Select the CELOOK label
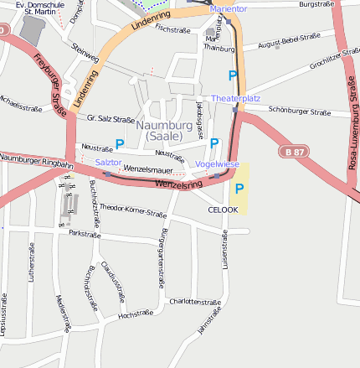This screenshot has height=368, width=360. click(223, 210)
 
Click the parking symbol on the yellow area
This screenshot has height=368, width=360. click(240, 189)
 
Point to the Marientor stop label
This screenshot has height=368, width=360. click(229, 8)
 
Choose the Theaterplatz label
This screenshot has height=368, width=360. click(236, 99)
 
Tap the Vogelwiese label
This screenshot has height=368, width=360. click(217, 164)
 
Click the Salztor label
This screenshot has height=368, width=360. click(108, 162)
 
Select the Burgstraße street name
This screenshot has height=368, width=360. click(317, 4)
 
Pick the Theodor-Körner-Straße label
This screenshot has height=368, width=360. click(133, 210)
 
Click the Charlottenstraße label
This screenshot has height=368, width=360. click(194, 302)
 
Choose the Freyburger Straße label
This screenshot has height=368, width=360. click(51, 76)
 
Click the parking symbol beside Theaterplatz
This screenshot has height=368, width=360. click(233, 75)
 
